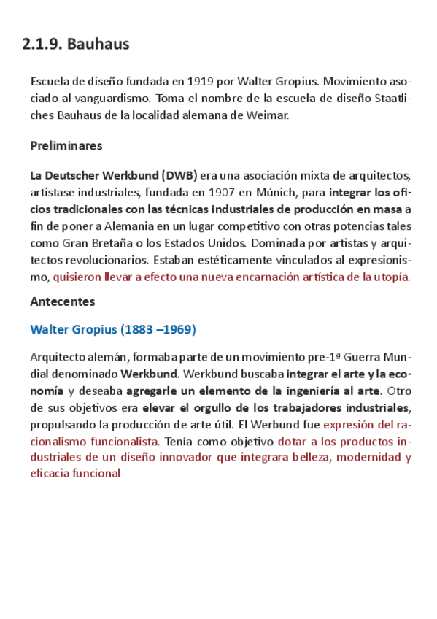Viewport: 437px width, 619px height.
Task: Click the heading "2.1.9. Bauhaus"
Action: click(x=76, y=45)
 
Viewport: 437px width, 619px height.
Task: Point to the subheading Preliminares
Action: click(x=66, y=145)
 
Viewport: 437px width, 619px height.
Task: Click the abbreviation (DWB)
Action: click(x=179, y=176)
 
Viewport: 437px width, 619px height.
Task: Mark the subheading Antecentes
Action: click(x=63, y=301)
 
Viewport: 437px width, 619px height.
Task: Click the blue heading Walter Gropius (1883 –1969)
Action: click(x=113, y=329)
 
